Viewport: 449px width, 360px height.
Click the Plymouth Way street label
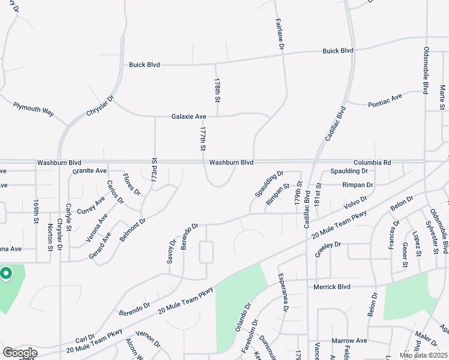tap(33, 109)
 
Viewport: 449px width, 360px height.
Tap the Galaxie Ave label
tap(188, 116)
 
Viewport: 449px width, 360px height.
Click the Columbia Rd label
tap(372, 163)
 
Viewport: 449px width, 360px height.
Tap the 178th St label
tap(217, 90)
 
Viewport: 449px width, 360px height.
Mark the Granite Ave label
tap(89, 171)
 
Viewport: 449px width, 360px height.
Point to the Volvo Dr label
tap(355, 204)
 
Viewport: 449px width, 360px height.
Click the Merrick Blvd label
tap(331, 287)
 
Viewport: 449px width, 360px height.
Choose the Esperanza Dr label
tap(282, 293)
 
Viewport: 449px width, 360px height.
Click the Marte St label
tap(442, 97)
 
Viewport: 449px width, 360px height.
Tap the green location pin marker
tap(6, 274)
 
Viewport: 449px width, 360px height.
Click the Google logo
tap(20, 352)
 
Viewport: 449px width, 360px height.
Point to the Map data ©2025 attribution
tap(423, 355)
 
